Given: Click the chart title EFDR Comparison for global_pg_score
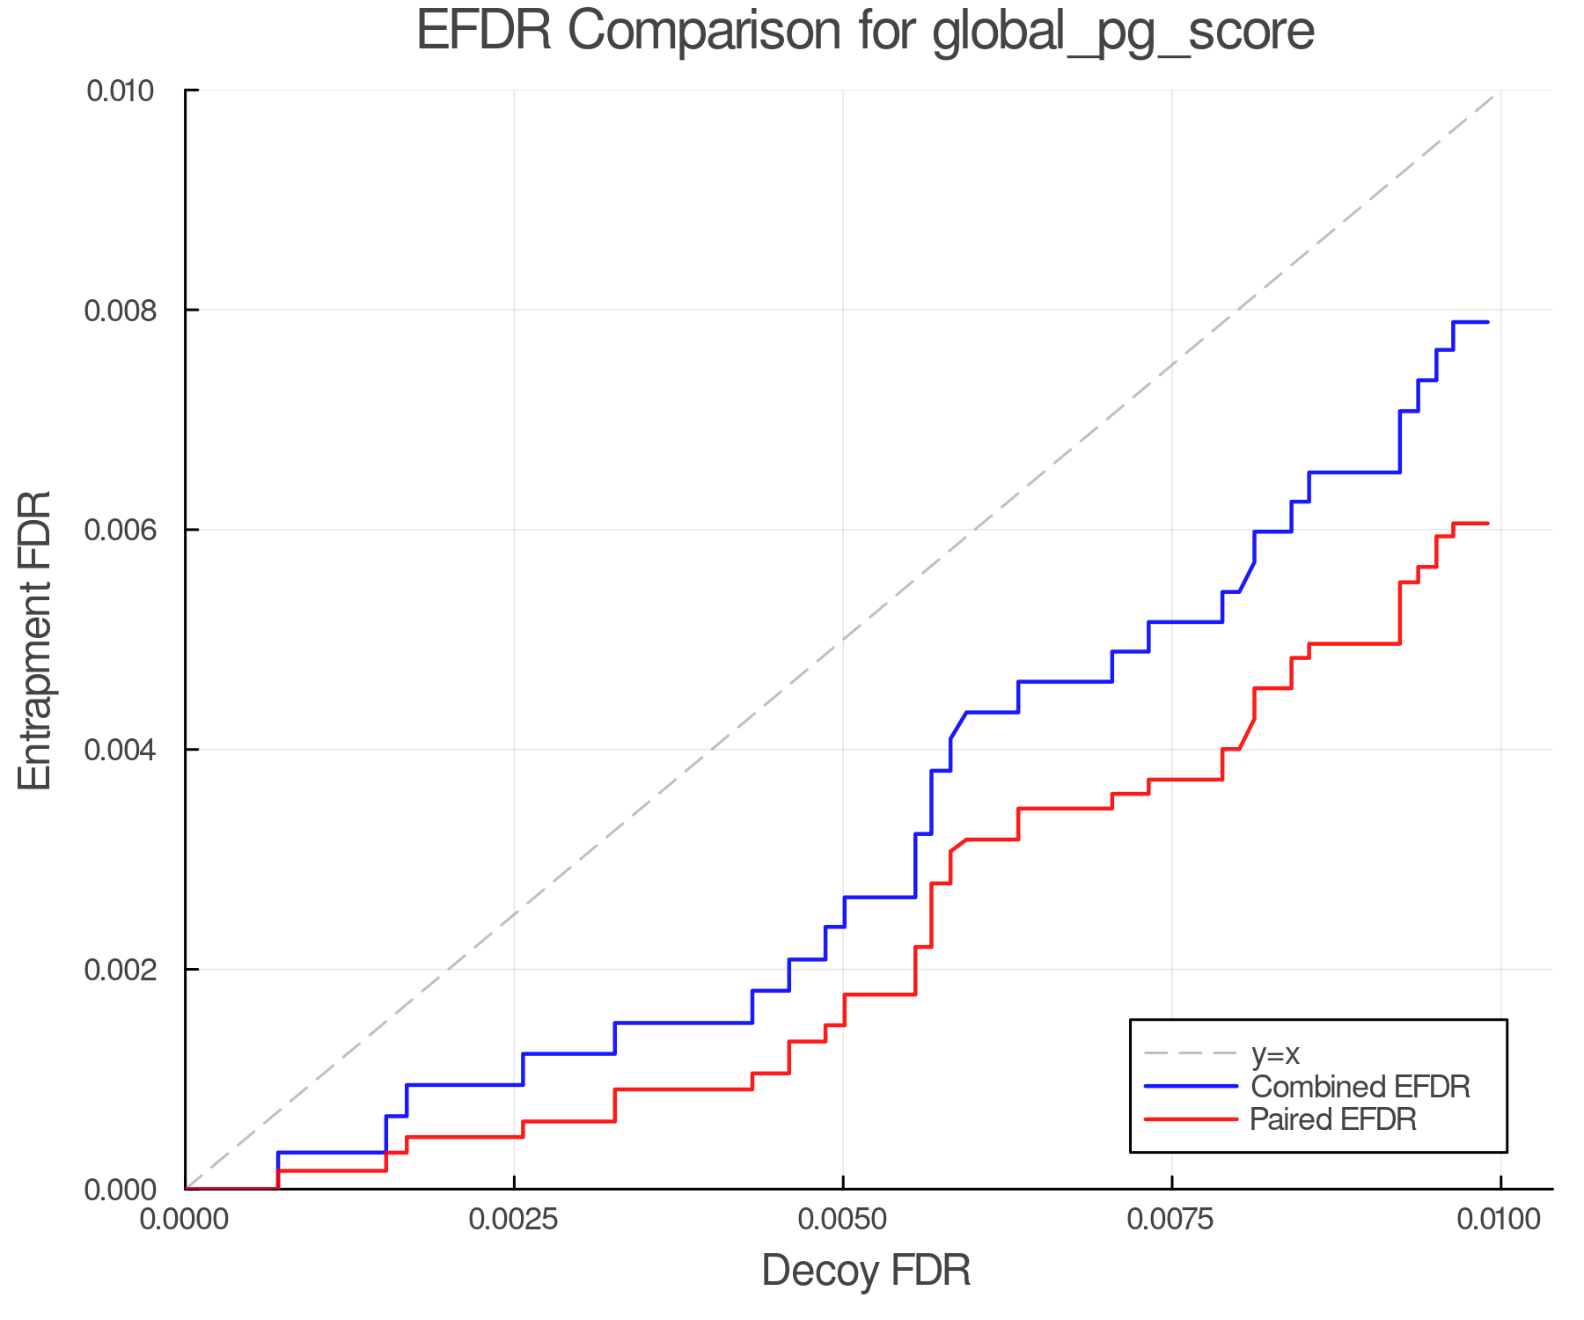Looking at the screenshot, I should coord(865,32).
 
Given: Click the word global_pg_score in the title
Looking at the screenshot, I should coord(1122,32).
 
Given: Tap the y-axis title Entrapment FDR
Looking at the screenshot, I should coord(35,640).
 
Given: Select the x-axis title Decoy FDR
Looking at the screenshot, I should coord(866,1271).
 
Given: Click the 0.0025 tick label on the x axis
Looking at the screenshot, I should coord(514,1220).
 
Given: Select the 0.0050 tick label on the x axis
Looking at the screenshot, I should coord(843,1220).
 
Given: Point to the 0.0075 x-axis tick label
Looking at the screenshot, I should coord(1172,1220).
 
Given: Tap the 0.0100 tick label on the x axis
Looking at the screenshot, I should coord(1500,1220).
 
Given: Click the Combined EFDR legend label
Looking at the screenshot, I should coord(1360,1087).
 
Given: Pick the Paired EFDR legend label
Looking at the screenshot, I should coord(1333,1119).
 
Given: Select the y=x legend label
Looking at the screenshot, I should coord(1275,1053).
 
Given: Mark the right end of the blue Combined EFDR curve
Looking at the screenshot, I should coord(1487,322).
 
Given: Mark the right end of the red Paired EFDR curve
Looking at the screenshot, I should coord(1487,524).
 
